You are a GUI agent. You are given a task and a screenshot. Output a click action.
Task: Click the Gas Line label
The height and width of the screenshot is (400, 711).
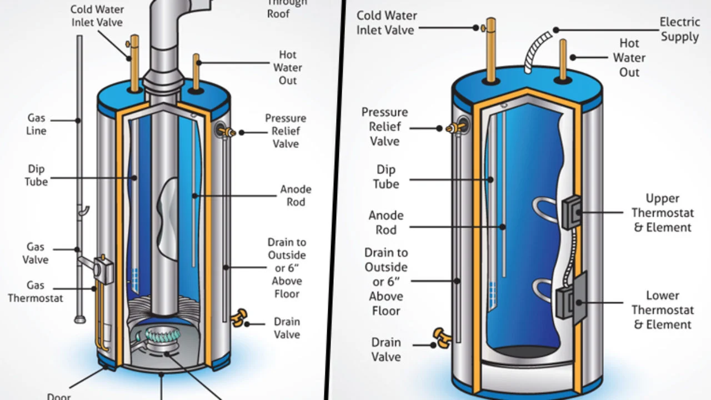tap(37, 124)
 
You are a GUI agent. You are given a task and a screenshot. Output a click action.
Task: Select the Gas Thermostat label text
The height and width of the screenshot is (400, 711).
tap(36, 292)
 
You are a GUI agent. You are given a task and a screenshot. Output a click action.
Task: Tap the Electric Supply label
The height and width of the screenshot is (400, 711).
tap(679, 29)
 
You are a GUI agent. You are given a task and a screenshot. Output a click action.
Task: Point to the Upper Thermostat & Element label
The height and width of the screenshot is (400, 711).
tap(662, 213)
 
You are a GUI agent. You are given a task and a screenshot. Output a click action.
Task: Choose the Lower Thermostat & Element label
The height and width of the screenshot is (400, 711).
tap(662, 310)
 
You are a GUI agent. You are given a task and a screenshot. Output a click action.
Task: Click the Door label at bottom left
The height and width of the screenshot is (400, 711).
tap(59, 396)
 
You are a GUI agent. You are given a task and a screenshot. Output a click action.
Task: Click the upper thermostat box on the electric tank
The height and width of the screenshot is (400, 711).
tap(572, 212)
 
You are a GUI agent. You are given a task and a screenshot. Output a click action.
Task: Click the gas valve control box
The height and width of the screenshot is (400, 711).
tap(101, 266)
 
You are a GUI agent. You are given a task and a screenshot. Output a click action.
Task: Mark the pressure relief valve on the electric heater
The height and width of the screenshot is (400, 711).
tap(455, 128)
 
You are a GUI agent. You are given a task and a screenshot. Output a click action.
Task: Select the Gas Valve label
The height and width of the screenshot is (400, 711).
tap(36, 253)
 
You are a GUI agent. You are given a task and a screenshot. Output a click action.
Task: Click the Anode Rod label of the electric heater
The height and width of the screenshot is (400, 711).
tap(386, 222)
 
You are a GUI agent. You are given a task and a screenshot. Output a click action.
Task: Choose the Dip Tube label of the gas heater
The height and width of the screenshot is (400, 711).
tap(37, 175)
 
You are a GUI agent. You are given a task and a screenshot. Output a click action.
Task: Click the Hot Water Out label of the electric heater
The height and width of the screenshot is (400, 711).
tap(629, 57)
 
